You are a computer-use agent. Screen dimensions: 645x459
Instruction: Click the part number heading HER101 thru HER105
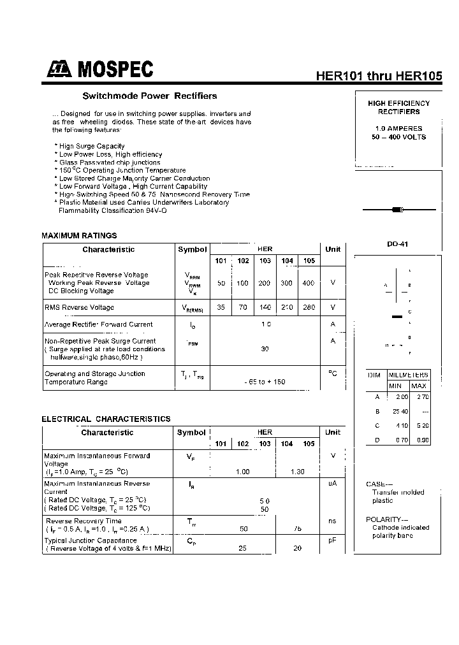click(379, 75)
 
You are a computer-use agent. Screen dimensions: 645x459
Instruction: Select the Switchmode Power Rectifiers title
click(150, 96)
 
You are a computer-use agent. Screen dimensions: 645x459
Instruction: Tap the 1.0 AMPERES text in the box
click(398, 128)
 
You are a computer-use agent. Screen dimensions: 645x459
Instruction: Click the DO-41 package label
click(397, 244)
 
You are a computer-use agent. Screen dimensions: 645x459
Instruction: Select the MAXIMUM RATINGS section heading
click(79, 235)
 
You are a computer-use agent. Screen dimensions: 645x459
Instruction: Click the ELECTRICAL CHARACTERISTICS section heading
click(106, 419)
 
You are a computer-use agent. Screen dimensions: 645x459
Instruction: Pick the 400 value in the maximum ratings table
click(309, 282)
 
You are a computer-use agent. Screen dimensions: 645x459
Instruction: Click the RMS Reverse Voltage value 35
click(221, 307)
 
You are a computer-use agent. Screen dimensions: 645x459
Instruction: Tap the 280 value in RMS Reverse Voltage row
click(309, 307)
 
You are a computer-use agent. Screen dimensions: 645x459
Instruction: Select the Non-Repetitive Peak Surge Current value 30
click(265, 349)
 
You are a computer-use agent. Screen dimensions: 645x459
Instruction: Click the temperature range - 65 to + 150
click(265, 382)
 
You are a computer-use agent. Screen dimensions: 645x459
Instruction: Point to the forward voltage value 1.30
click(297, 472)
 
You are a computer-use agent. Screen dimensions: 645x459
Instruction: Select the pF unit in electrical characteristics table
click(332, 540)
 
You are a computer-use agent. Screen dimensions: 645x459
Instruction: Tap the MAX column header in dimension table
click(419, 386)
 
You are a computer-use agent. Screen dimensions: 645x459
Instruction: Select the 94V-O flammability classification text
click(152, 210)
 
